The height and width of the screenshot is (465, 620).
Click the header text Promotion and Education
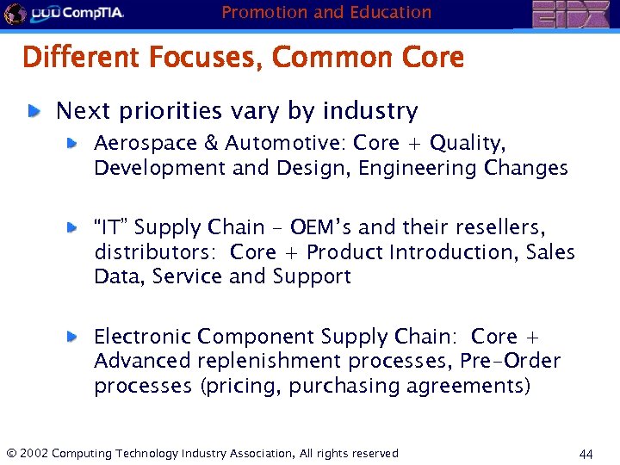pos(326,12)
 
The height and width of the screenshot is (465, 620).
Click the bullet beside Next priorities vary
pos(34,111)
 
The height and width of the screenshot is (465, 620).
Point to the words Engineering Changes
pos(463,168)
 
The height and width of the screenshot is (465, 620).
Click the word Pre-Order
pos(510,361)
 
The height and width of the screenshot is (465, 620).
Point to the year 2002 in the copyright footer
pos(33,453)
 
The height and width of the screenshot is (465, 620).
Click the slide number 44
pos(587,454)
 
